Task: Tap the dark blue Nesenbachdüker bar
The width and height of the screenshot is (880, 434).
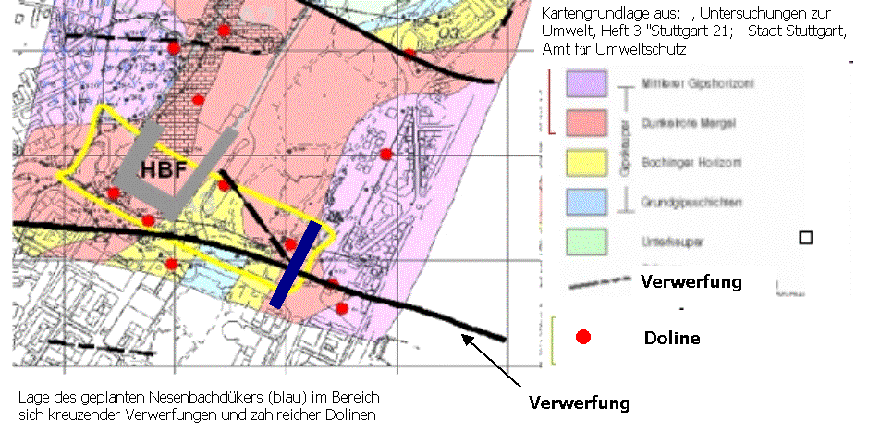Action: [x=297, y=264]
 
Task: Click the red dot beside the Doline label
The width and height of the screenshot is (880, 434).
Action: [x=583, y=338]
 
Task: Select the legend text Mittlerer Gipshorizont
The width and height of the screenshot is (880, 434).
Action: [x=685, y=83]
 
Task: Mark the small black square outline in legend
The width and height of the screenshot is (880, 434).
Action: [x=805, y=238]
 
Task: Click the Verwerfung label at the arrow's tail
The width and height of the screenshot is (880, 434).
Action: [x=580, y=403]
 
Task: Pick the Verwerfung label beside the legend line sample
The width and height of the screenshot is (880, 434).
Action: [x=691, y=281]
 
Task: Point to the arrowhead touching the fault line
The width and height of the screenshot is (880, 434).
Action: [x=466, y=340]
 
